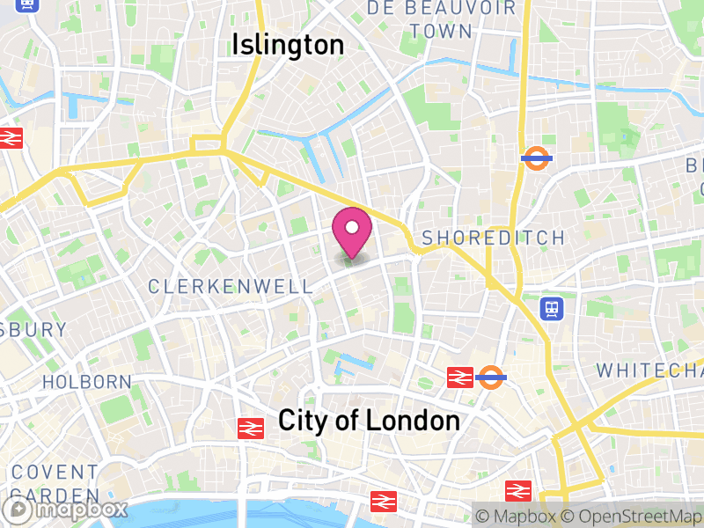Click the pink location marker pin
pos(352,231)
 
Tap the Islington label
pos(288,45)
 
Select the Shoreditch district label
pos(493,238)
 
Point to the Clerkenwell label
pos(231,287)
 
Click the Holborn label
pos(87,382)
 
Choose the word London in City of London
pos(412,421)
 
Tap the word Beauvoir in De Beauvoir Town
pos(468,8)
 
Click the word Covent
pos(55,473)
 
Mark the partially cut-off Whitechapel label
pos(649,370)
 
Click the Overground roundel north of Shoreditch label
pos(536,158)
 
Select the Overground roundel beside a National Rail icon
pos(490,378)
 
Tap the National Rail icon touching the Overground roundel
pos(460,378)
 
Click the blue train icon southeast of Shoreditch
pos(552,308)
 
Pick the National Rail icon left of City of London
pos(251,428)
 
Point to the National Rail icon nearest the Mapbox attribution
pos(518,490)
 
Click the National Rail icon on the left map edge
pos(10,138)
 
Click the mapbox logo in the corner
pos(66,510)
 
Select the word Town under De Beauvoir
pos(440,31)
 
